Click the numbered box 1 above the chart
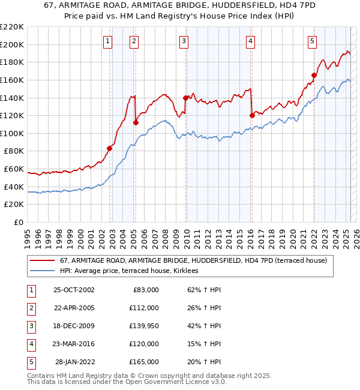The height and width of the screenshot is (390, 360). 107,41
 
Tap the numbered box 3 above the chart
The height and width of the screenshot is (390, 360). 184,41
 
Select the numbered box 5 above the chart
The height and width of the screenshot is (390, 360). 313,41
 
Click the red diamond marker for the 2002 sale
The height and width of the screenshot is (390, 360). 110,148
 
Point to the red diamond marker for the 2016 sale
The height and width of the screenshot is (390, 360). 252,115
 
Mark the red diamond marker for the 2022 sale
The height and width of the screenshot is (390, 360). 314,75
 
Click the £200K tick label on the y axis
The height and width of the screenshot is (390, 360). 12,44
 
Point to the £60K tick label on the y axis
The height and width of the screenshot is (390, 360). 14,169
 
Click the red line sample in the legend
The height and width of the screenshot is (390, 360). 43,260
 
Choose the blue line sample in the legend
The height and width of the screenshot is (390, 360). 43,271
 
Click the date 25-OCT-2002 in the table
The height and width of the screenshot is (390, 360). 74,290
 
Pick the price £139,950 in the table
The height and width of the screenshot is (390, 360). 144,326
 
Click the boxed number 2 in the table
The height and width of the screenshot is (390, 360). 30,308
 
